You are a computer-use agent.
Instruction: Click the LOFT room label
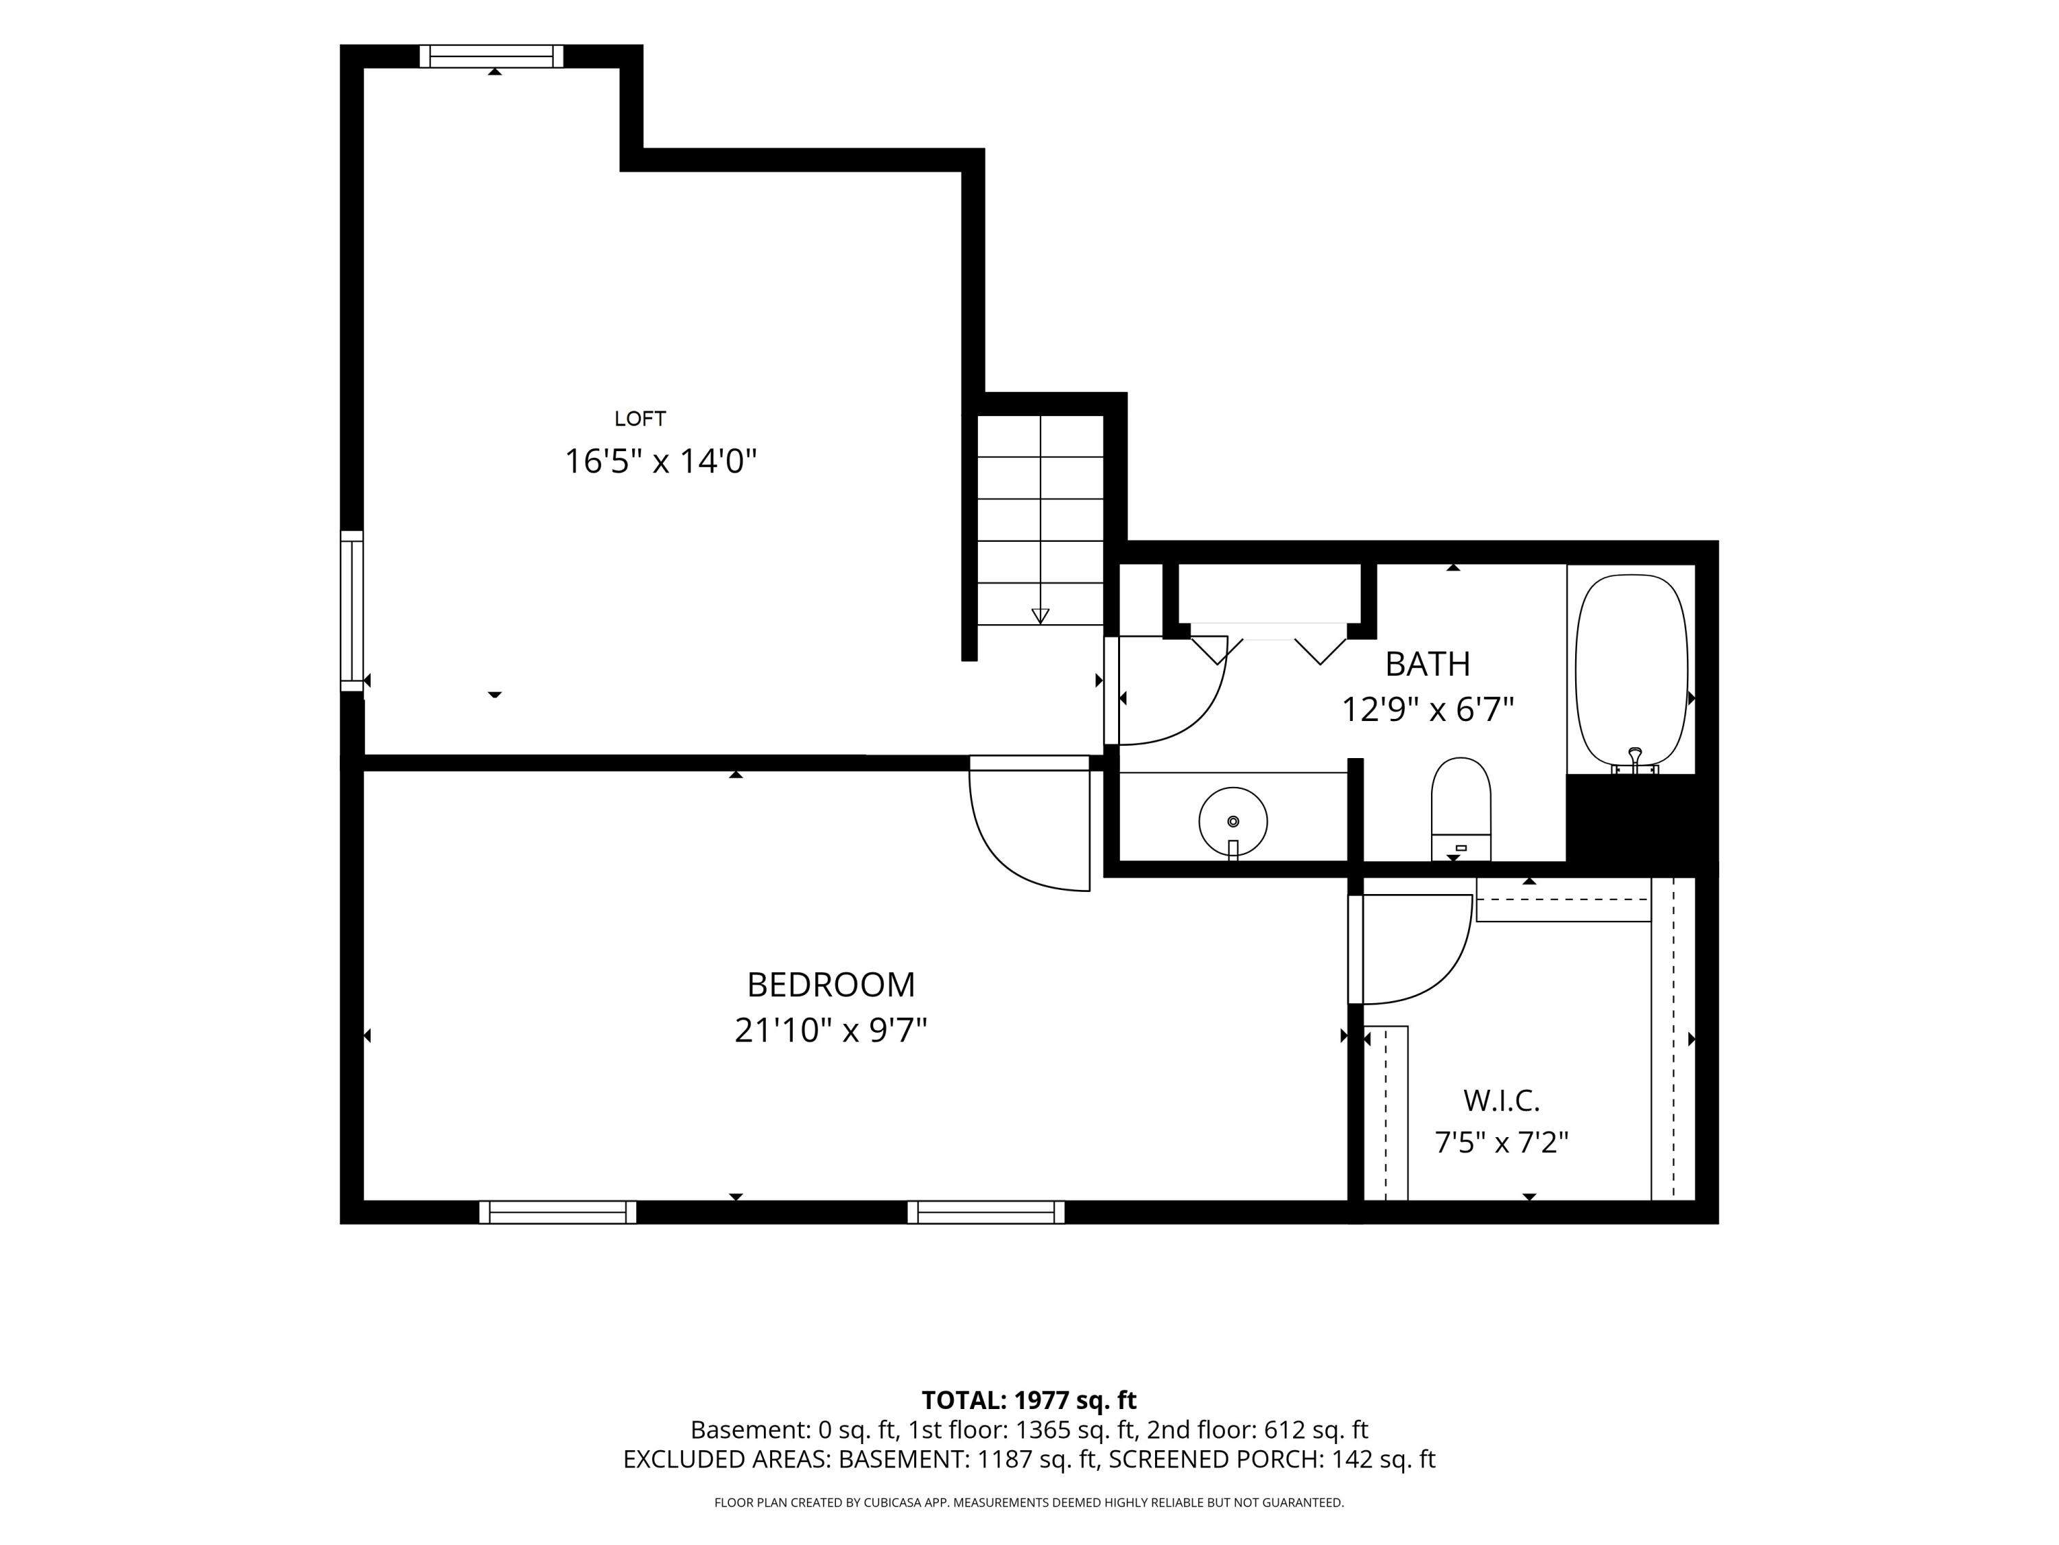pos(640,419)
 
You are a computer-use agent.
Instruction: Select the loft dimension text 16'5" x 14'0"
pos(661,461)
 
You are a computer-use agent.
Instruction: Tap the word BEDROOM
pos(831,985)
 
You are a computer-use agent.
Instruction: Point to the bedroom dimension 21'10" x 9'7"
pos(831,1031)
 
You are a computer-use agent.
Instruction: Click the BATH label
pos(1428,664)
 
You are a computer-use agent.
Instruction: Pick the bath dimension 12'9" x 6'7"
pos(1428,709)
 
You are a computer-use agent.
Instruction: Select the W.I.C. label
pos(1502,1101)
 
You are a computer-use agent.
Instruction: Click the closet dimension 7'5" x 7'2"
pos(1502,1142)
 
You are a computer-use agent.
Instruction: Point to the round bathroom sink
pos(1233,821)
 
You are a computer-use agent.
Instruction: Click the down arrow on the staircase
pos(1040,615)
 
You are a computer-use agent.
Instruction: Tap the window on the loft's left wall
pos(352,611)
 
